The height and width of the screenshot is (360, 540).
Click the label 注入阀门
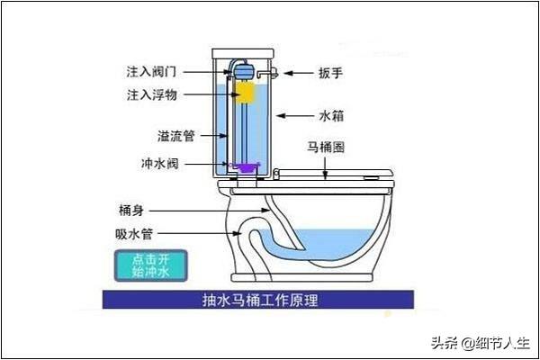(x=151, y=72)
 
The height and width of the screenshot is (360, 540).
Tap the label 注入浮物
(x=151, y=94)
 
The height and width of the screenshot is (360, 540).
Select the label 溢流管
(x=176, y=136)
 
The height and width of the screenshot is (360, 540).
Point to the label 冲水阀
(x=160, y=163)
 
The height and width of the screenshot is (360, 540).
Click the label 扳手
(x=330, y=73)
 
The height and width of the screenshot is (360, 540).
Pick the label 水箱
(x=331, y=116)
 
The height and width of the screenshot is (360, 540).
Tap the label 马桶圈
(x=326, y=148)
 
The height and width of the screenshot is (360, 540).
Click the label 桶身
(x=131, y=210)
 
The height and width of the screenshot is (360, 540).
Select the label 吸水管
(x=134, y=234)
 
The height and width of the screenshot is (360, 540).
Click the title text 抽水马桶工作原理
(x=260, y=300)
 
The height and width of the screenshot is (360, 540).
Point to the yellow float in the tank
(x=245, y=93)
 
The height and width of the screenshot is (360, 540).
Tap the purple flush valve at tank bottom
(x=245, y=167)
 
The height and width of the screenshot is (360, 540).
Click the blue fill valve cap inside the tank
(x=245, y=71)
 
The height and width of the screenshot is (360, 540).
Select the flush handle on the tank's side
(x=268, y=73)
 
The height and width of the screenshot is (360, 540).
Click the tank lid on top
(x=243, y=54)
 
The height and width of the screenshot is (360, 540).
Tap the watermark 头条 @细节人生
(x=480, y=343)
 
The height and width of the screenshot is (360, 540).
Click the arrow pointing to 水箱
(x=295, y=116)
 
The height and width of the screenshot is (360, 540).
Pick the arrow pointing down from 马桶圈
(x=326, y=168)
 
